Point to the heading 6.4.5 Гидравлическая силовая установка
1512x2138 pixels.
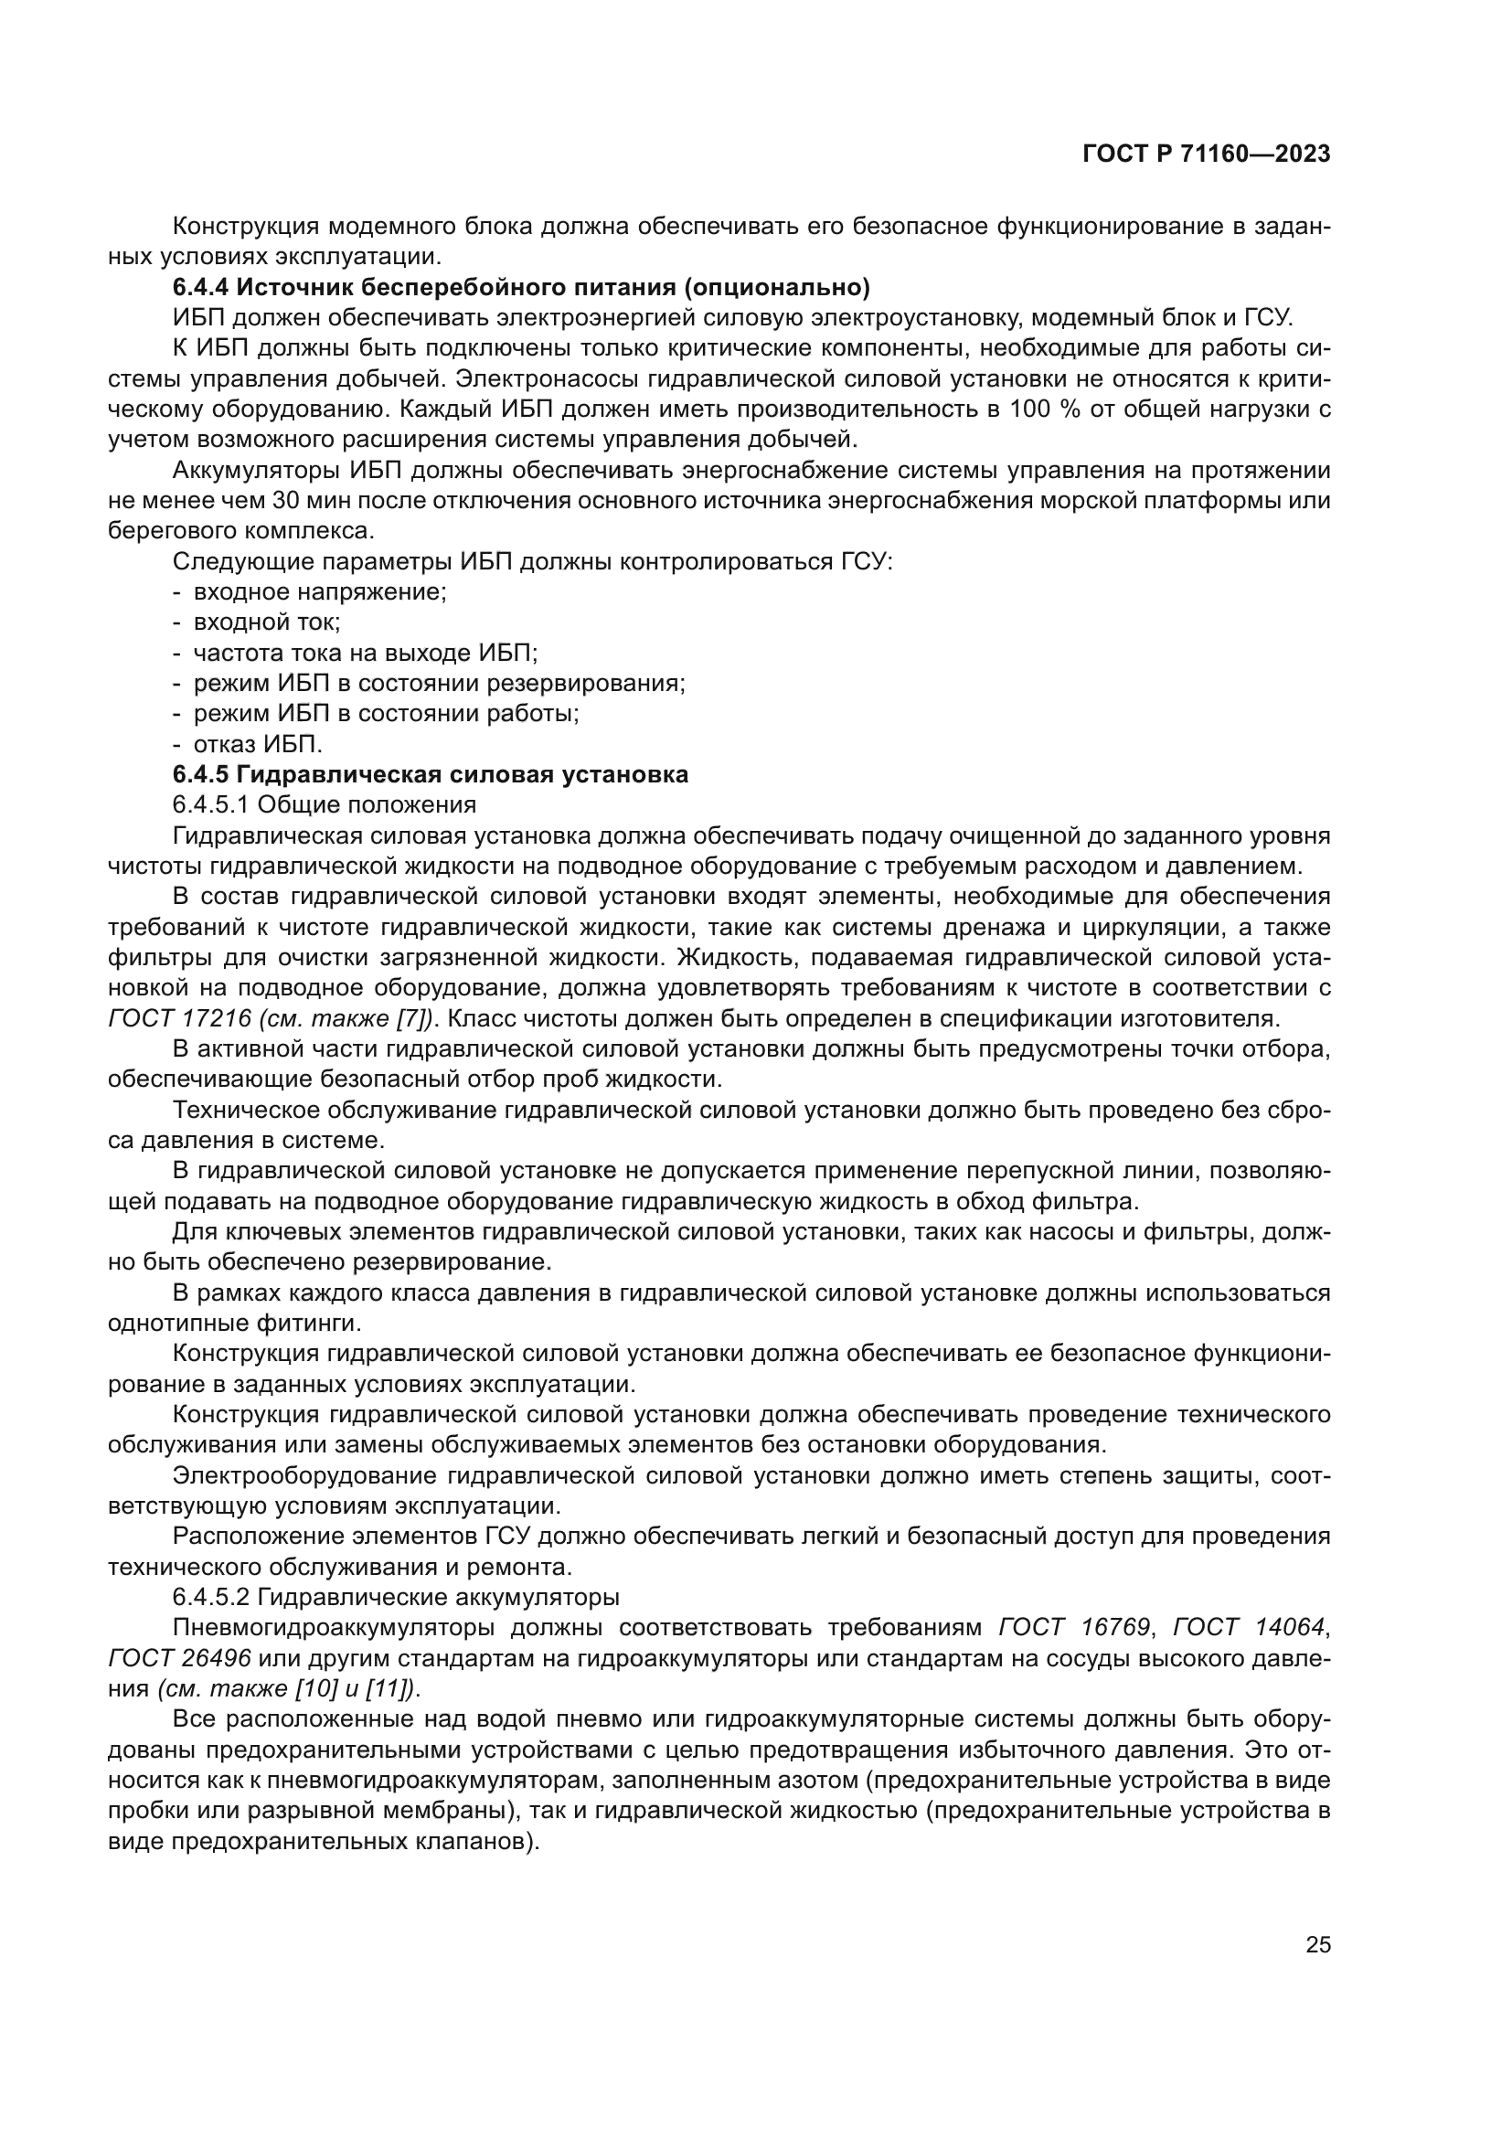431,775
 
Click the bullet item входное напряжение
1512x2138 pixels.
319,591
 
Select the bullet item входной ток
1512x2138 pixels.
266,622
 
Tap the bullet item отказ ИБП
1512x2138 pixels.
257,744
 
